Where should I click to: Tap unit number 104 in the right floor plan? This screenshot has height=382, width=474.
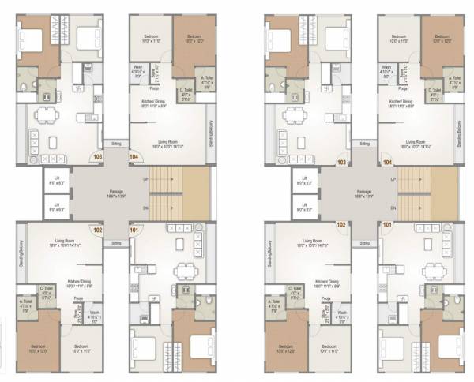coord(387,161)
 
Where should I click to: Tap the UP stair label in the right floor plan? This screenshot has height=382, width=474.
coord(393,178)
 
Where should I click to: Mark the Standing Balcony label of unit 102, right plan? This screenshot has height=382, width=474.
coord(266,254)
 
